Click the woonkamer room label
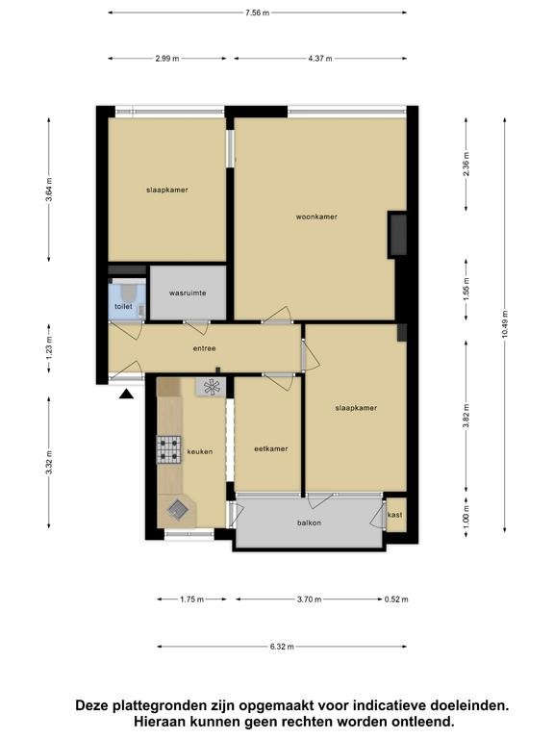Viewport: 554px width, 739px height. (x=316, y=217)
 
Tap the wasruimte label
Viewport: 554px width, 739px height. (x=188, y=293)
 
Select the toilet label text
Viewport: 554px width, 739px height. (x=123, y=306)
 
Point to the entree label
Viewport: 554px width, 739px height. (x=205, y=348)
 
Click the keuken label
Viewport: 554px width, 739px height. (x=200, y=451)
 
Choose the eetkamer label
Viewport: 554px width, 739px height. (x=271, y=448)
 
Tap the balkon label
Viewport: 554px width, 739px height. (x=309, y=522)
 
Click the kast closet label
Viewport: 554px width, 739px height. (x=394, y=515)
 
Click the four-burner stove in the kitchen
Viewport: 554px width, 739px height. (x=168, y=449)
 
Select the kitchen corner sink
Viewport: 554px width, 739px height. (x=179, y=509)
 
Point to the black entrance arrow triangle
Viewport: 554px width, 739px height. (x=126, y=394)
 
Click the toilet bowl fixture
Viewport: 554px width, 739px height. (x=127, y=293)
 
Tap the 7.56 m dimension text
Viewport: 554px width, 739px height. (x=257, y=13)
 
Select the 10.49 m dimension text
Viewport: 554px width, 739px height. (x=505, y=324)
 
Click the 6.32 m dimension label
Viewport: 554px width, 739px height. (x=282, y=647)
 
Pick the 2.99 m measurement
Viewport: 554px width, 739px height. (x=167, y=59)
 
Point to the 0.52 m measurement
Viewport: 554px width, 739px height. (x=396, y=599)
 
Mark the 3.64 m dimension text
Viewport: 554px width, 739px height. (x=49, y=190)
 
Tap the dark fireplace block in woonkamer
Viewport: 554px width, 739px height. (x=397, y=235)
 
